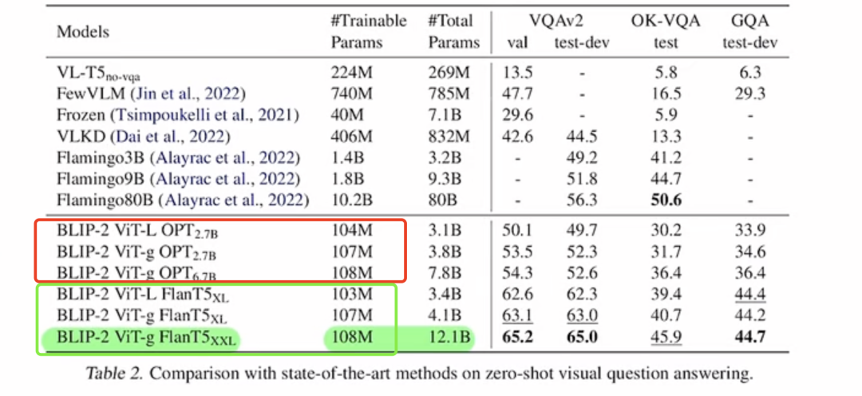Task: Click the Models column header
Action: click(x=82, y=32)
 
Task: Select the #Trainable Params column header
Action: click(x=368, y=32)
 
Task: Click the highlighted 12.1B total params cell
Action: click(x=449, y=337)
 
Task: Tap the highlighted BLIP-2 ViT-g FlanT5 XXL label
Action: click(x=147, y=339)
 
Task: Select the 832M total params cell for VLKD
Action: click(x=449, y=136)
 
